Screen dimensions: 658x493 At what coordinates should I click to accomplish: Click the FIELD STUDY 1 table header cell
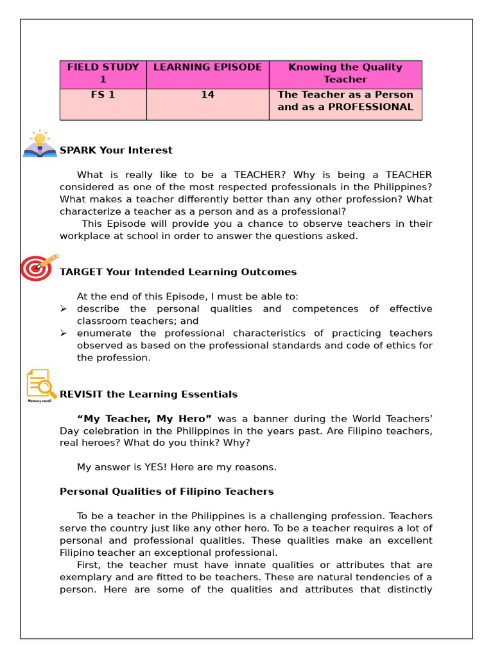103,73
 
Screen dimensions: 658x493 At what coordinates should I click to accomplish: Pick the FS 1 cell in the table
103,95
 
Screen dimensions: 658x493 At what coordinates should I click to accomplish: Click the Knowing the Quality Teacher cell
345,73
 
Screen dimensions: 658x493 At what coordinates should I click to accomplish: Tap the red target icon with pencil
38,267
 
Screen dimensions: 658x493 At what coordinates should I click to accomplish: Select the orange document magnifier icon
40,384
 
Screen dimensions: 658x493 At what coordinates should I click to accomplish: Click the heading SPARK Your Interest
116,150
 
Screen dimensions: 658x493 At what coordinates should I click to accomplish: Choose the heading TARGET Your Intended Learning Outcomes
178,272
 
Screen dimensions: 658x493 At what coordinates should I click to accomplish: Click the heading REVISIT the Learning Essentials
148,395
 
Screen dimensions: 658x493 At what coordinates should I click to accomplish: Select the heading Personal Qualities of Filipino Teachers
166,492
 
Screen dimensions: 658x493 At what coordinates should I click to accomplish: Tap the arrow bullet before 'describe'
64,309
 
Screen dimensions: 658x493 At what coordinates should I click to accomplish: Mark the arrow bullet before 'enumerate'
64,333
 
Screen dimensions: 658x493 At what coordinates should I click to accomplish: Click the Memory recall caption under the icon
39,401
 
